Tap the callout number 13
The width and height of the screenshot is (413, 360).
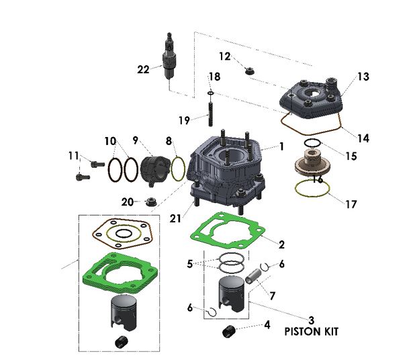[x=363, y=77]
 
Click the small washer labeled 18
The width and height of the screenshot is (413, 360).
[x=211, y=92]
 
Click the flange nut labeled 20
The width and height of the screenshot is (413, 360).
[x=150, y=201]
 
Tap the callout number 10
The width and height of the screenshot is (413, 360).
[x=109, y=142]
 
